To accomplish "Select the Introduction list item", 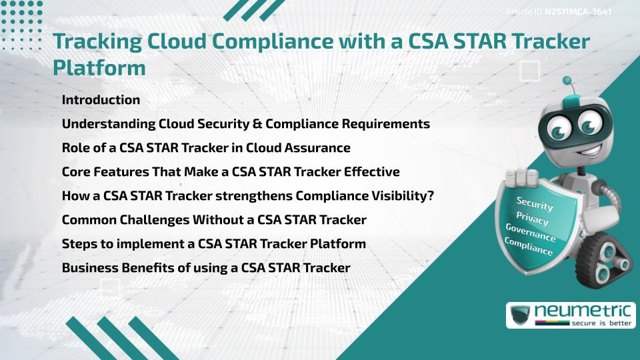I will click(101, 100).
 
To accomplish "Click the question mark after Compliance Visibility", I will click(436, 196).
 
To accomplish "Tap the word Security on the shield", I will click(535, 203).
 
